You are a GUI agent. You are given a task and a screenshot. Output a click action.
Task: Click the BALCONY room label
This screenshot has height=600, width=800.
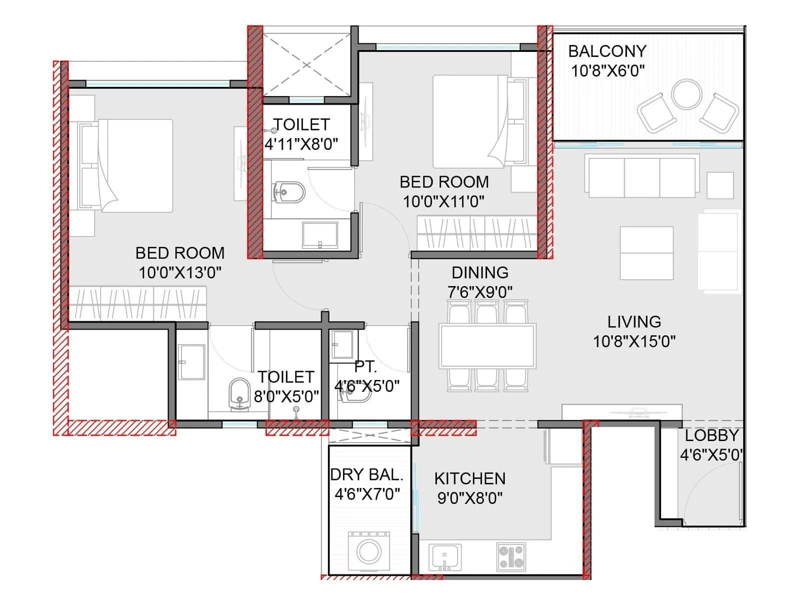(607, 51)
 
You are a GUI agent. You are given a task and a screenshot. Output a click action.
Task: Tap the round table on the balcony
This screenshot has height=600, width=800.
(686, 94)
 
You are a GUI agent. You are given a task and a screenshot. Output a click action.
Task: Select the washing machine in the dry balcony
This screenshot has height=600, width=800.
(369, 552)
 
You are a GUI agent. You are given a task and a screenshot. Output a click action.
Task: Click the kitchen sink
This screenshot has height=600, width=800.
(444, 556)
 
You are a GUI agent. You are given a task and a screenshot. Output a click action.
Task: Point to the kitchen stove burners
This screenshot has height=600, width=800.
(511, 556)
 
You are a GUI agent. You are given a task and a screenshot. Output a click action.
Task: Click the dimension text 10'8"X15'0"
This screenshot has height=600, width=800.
(634, 341)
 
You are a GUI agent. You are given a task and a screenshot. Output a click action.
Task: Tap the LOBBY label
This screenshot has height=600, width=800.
(711, 435)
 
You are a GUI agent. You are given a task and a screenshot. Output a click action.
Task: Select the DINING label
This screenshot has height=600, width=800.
(479, 272)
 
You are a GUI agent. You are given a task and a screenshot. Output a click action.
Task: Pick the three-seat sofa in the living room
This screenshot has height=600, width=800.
(642, 177)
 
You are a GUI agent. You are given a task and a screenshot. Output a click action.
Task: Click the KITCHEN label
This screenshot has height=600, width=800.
(469, 478)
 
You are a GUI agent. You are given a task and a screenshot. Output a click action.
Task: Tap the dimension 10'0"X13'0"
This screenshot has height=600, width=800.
(180, 272)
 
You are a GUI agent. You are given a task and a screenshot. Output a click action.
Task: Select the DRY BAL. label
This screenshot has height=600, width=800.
(366, 474)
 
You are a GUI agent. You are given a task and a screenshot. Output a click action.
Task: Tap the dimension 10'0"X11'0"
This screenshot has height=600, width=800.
(443, 201)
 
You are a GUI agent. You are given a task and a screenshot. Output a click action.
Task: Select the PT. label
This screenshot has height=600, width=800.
(365, 366)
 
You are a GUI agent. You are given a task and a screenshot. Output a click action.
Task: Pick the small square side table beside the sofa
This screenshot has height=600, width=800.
(720, 185)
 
